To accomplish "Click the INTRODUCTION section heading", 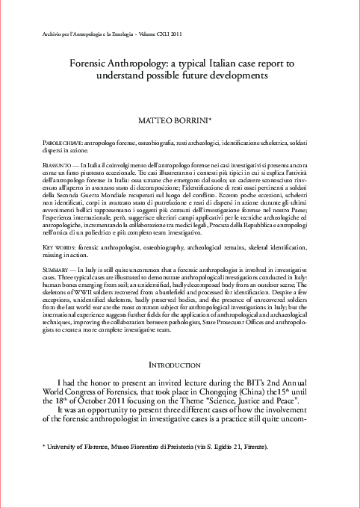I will point(179,364).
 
